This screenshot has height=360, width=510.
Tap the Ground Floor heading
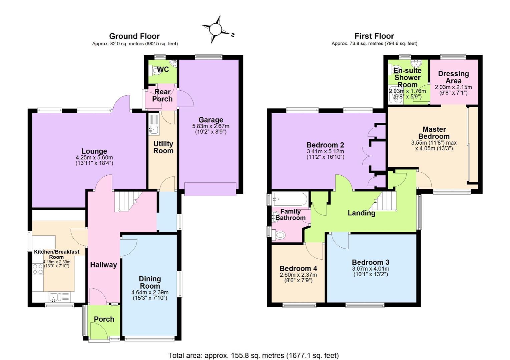[134, 36]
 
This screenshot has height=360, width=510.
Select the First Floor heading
[374, 36]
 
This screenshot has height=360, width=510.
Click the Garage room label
[210, 120]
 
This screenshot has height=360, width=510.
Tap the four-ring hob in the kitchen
[38, 269]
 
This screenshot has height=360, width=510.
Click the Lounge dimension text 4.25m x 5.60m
[94, 157]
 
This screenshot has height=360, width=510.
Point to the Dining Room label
[150, 282]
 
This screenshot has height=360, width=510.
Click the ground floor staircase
[128, 202]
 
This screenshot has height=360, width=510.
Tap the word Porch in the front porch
[104, 319]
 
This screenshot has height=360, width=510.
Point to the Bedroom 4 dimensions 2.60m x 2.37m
[298, 275]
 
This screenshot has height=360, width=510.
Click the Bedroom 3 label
[371, 262]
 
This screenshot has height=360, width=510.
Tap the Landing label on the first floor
[361, 213]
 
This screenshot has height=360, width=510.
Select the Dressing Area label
[453, 77]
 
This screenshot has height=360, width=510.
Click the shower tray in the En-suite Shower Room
[396, 95]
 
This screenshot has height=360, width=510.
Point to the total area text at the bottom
[253, 355]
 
